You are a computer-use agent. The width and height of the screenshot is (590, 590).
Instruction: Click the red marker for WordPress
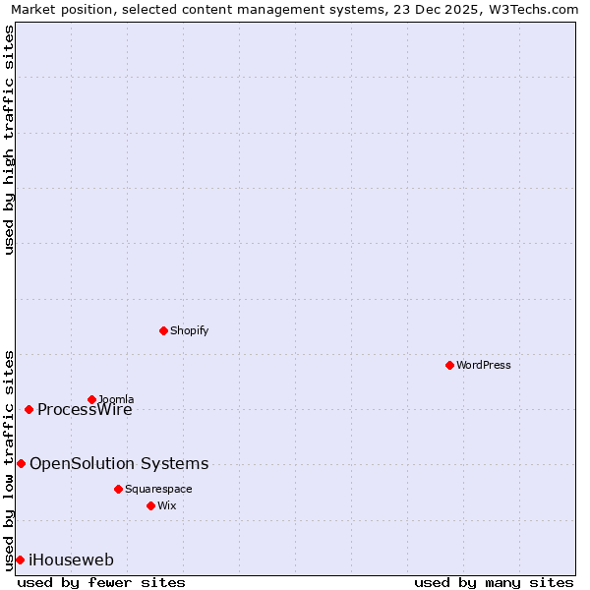tap(449, 365)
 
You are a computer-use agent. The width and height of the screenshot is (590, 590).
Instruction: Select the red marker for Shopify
tap(163, 330)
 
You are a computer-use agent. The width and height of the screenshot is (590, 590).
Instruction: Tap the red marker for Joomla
tap(91, 399)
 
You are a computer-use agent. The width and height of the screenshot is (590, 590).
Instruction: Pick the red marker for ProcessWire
tap(29, 409)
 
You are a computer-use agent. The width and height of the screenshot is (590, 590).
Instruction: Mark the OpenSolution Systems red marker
tap(21, 463)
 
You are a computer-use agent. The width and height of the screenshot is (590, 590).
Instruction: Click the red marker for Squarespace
tap(118, 489)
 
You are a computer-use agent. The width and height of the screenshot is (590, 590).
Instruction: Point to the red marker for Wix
tap(150, 505)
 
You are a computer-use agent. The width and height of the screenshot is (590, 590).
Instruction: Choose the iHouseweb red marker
tap(20, 560)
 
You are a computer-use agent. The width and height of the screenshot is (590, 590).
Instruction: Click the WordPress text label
tap(483, 365)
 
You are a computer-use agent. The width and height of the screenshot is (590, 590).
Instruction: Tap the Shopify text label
tap(189, 330)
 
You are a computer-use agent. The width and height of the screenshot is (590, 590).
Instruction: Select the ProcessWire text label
tap(85, 410)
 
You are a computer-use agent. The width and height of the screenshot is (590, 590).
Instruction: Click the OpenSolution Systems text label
tap(119, 463)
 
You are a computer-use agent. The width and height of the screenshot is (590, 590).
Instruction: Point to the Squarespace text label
tap(158, 489)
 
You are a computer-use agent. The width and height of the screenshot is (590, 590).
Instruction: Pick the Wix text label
tap(166, 505)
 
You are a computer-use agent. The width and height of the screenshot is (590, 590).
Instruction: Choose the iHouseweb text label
tap(71, 560)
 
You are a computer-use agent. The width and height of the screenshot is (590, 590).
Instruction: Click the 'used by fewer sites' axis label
tap(101, 582)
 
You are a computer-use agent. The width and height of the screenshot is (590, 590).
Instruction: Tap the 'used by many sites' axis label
tap(494, 582)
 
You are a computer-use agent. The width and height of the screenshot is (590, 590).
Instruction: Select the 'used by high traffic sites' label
tap(9, 140)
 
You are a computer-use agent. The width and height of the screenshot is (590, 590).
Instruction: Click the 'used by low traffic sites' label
tap(9, 459)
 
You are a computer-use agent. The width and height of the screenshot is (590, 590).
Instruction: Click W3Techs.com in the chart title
tap(532, 9)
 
